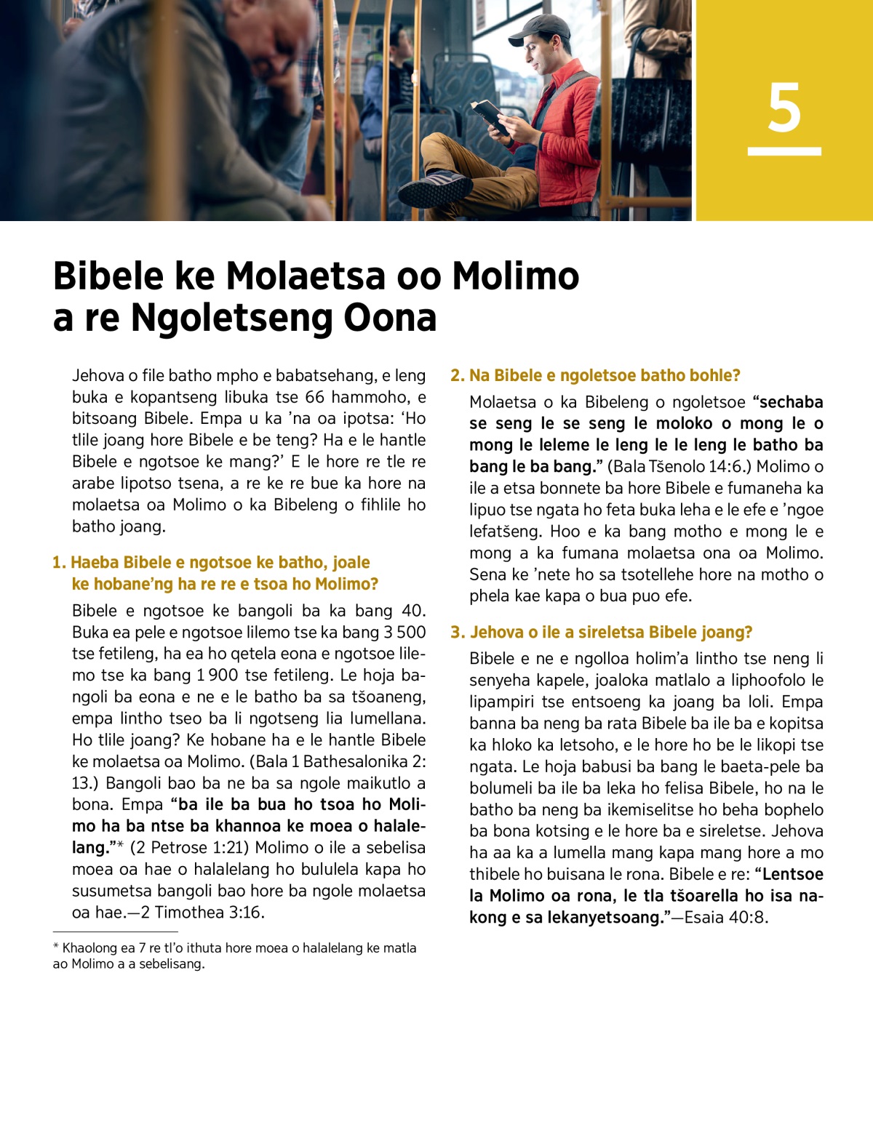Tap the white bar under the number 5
click(x=784, y=151)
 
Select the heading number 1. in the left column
click(x=59, y=563)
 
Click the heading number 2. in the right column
click(x=457, y=376)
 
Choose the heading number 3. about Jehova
click(x=457, y=633)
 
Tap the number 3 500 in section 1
click(x=400, y=633)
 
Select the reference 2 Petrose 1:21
click(x=191, y=848)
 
